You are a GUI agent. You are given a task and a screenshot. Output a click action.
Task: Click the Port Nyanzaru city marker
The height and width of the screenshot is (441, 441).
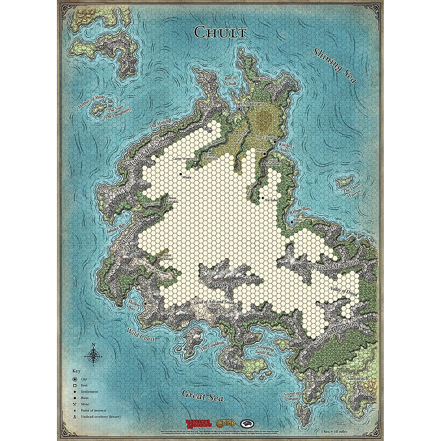[239, 109]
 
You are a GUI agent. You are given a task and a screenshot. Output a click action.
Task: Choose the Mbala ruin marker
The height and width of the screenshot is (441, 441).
[181, 174]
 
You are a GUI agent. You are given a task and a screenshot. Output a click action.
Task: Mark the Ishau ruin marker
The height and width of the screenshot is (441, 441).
[291, 222]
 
